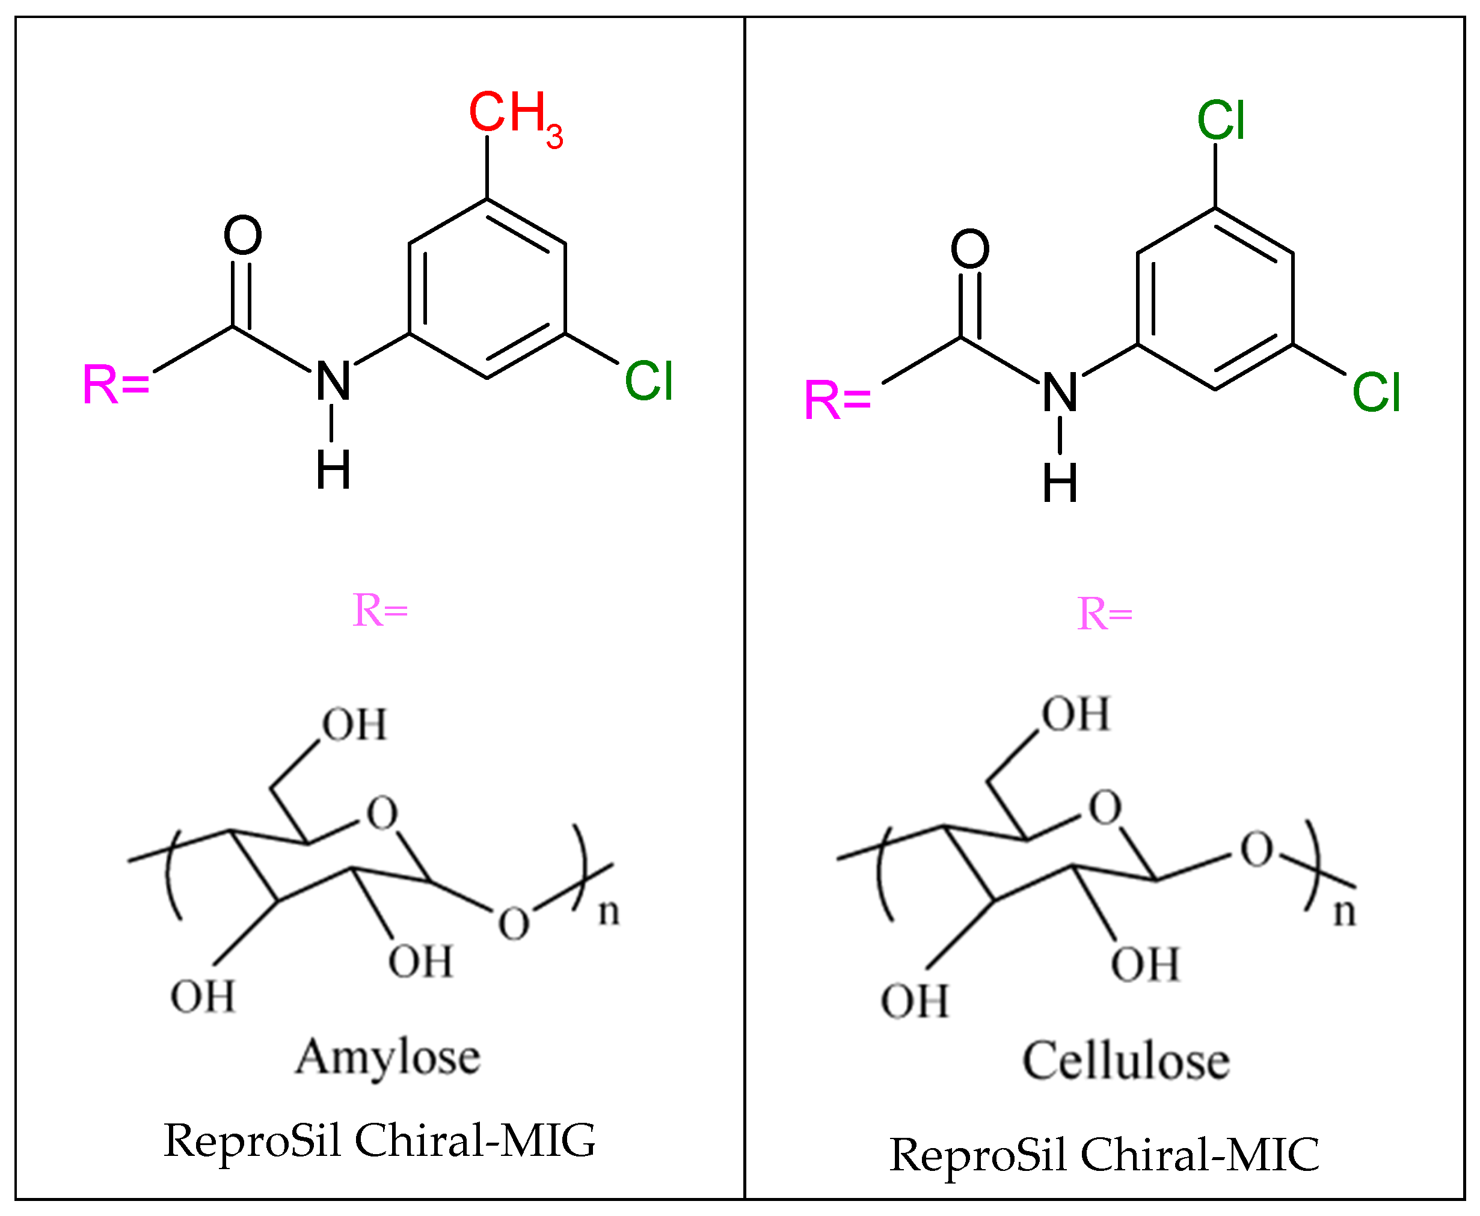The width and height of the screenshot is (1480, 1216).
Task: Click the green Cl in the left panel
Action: [x=648, y=382]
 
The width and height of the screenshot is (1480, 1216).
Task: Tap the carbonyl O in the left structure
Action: [x=242, y=236]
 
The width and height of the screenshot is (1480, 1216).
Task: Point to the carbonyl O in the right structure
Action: [x=970, y=249]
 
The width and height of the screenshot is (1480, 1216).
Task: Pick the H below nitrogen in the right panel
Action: [x=1060, y=483]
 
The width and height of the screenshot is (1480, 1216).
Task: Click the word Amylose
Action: [x=387, y=1057]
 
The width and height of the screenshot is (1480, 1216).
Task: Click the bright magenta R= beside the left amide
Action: [x=115, y=385]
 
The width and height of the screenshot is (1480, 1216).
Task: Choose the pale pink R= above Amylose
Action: [x=380, y=610]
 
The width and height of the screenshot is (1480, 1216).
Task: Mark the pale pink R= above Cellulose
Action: [x=1104, y=614]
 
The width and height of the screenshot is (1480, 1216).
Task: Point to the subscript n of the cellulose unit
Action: [x=1344, y=912]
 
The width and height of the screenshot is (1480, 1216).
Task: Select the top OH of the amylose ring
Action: [x=354, y=724]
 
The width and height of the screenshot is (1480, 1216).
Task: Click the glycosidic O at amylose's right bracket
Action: [x=514, y=923]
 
